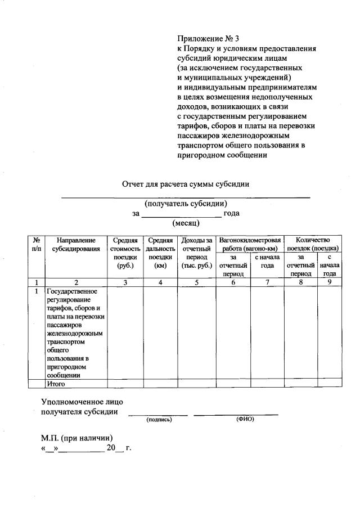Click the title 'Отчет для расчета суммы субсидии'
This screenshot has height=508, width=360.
click(x=186, y=184)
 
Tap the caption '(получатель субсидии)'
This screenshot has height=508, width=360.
click(x=186, y=204)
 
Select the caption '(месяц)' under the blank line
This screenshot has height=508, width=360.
click(x=186, y=223)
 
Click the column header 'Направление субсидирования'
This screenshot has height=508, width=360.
click(x=76, y=244)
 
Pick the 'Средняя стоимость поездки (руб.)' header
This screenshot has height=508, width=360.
click(x=125, y=253)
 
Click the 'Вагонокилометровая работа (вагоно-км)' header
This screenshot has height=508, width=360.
click(x=250, y=244)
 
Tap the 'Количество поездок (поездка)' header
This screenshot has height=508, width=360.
click(x=312, y=244)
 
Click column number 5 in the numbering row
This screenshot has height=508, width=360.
click(x=197, y=283)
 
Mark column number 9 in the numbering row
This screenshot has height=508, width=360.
click(x=330, y=283)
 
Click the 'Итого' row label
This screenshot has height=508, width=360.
click(x=56, y=384)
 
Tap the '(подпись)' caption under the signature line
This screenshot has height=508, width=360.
click(x=159, y=420)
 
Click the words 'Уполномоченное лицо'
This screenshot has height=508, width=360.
click(x=82, y=402)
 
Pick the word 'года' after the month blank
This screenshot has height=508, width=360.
click(x=231, y=213)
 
